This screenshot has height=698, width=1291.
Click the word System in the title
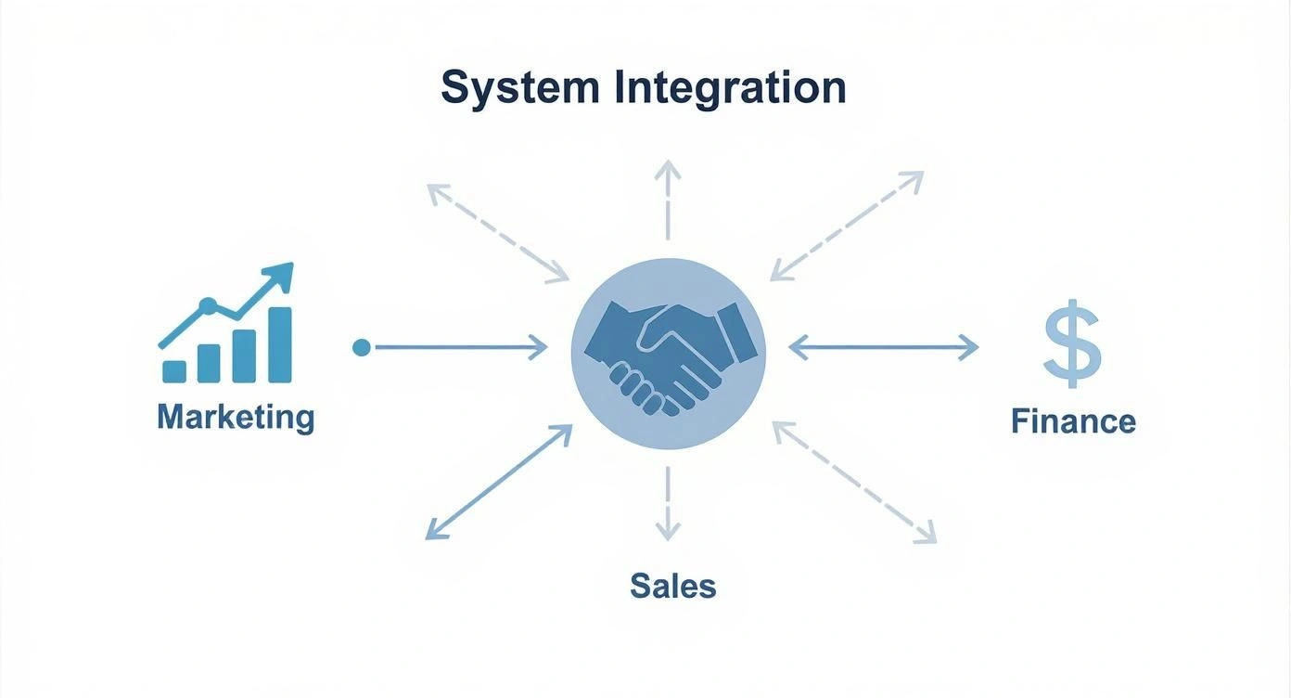pyautogui.click(x=519, y=89)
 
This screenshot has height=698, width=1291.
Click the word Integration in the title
pyautogui.click(x=730, y=89)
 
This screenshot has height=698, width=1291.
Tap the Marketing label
pyautogui.click(x=236, y=417)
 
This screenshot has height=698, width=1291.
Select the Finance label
pyautogui.click(x=1073, y=421)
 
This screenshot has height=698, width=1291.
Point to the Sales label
pyautogui.click(x=672, y=586)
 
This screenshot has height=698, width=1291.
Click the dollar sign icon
pyautogui.click(x=1072, y=343)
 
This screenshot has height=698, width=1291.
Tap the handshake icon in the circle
pyautogui.click(x=668, y=354)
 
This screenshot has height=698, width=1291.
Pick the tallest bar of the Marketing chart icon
pyautogui.click(x=279, y=344)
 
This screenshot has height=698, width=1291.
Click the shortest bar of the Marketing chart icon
pyautogui.click(x=173, y=371)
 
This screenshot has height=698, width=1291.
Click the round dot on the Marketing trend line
pyautogui.click(x=208, y=305)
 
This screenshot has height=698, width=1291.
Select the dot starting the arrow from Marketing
pyautogui.click(x=362, y=348)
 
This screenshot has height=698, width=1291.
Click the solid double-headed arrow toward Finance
pyautogui.click(x=884, y=348)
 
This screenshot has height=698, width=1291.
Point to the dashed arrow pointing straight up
pyautogui.click(x=667, y=199)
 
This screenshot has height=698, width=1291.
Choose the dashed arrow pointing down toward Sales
pyautogui.click(x=667, y=504)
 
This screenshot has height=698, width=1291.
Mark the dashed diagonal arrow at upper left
pyautogui.click(x=498, y=232)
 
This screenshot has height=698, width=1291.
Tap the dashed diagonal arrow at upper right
pyautogui.click(x=847, y=226)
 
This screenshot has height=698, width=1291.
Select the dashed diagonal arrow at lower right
pyautogui.click(x=854, y=482)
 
